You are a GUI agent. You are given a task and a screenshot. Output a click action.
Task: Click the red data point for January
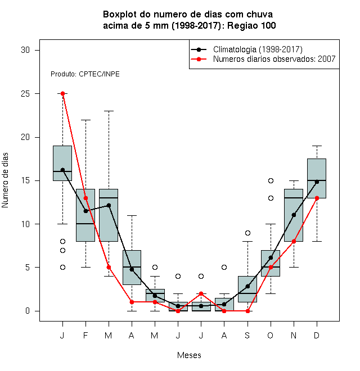coord(62,94)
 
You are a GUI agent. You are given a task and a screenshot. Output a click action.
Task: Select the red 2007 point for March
coord(109,268)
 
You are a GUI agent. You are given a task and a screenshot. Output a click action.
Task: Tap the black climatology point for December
coord(317,182)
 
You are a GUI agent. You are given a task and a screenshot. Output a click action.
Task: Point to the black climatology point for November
coord(294,215)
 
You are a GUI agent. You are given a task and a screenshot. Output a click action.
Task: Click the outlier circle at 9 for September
coord(247,233)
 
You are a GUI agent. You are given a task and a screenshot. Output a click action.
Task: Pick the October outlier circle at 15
coord(271,181)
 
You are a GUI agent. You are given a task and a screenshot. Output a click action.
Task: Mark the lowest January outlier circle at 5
coord(62,268)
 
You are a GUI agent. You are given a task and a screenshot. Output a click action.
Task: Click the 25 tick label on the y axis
coord(25,94)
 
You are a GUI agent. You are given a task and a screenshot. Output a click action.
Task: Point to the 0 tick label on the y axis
coord(28,311)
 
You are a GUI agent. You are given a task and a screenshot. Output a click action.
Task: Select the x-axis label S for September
coord(247,335)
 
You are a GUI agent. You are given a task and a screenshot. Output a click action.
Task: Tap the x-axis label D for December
coord(317,335)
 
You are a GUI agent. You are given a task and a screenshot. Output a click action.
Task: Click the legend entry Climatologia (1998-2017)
coord(258,49)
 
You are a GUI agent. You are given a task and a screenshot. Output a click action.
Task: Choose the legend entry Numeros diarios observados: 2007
coord(274,59)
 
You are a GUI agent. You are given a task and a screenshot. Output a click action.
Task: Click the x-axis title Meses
coord(189,355)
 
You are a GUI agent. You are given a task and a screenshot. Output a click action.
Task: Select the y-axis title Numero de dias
coord(5,180)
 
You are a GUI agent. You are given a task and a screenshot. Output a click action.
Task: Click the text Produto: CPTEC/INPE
coord(85,74)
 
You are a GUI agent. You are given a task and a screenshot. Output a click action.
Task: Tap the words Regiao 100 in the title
coord(251,25)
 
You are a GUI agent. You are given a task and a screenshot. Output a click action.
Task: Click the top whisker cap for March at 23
coord(109,111)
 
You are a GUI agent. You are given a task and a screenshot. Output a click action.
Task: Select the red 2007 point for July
coord(201,293)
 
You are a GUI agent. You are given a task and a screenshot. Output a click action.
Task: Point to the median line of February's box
coord(85,224)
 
